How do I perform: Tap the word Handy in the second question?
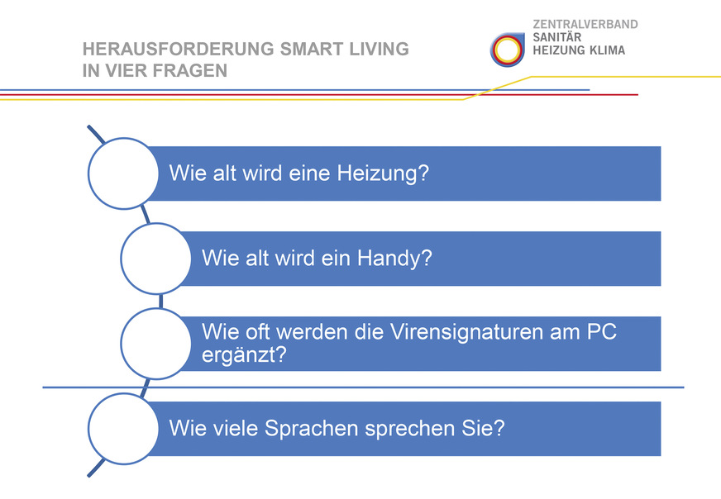pos(394,259)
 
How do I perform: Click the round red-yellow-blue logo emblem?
pos(507,50)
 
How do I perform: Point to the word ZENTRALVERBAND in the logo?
pos(585,25)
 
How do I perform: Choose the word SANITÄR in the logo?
pos(556,37)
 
